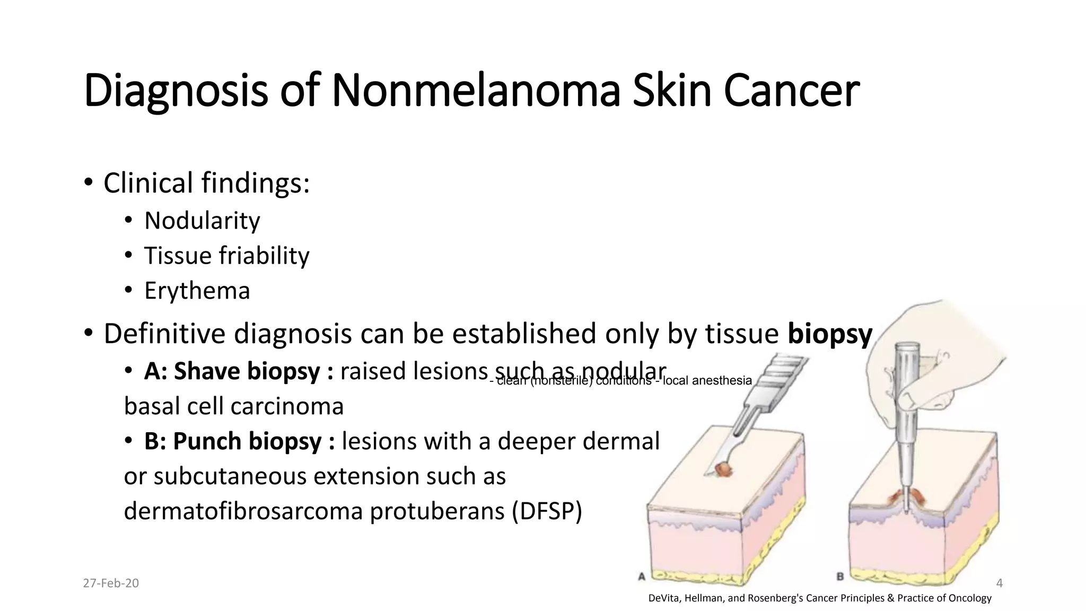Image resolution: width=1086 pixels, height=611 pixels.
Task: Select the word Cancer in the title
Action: point(791,91)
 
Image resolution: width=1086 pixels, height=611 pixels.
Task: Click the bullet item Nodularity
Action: point(202,221)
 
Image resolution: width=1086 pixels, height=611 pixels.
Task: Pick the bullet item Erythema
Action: point(197,291)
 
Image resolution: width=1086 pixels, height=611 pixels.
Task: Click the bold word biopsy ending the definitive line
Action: point(829,334)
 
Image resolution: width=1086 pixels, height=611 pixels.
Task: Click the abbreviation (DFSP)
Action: point(547,511)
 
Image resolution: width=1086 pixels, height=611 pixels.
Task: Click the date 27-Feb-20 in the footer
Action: point(111,583)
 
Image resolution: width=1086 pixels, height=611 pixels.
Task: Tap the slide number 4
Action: point(1000,583)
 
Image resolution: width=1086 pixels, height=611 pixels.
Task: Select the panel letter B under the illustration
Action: point(840,577)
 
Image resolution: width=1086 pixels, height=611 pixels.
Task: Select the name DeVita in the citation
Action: point(664,598)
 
